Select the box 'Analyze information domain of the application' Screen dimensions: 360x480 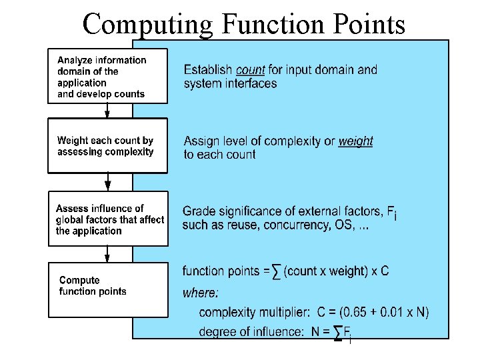(107, 77)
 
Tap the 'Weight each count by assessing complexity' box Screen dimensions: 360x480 (107, 146)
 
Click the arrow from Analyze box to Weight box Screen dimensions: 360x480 (107, 111)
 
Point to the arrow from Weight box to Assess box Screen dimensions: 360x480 (107, 182)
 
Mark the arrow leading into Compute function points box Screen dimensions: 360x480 (107, 253)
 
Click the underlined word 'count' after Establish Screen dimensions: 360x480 (250, 69)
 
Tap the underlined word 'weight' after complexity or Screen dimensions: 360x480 (355, 141)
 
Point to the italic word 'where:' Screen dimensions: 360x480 (200, 293)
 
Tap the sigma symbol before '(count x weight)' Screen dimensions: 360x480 (277, 272)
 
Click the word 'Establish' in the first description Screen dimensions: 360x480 (207, 69)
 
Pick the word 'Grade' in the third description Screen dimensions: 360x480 (198, 211)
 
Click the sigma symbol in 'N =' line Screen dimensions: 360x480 (338, 332)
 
